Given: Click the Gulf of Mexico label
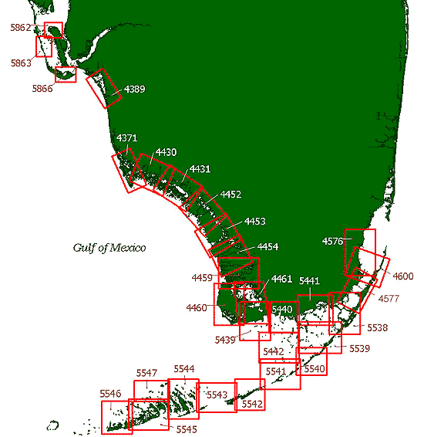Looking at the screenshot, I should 109,248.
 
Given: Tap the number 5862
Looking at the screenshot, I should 20,28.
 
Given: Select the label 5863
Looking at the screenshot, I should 21,63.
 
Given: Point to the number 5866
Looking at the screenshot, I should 42,89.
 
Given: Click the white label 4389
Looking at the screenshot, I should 134,90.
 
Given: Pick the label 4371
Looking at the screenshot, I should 127,138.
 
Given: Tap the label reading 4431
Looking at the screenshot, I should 200,168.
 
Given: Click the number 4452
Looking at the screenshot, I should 231,195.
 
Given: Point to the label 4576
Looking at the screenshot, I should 332,242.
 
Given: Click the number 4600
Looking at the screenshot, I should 403,276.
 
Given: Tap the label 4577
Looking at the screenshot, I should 389,297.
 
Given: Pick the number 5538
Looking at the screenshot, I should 377,328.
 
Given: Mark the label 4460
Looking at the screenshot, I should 197,308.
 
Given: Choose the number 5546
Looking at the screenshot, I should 110,394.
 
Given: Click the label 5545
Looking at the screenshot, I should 187,429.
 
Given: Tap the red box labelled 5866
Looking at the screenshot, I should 66,75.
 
